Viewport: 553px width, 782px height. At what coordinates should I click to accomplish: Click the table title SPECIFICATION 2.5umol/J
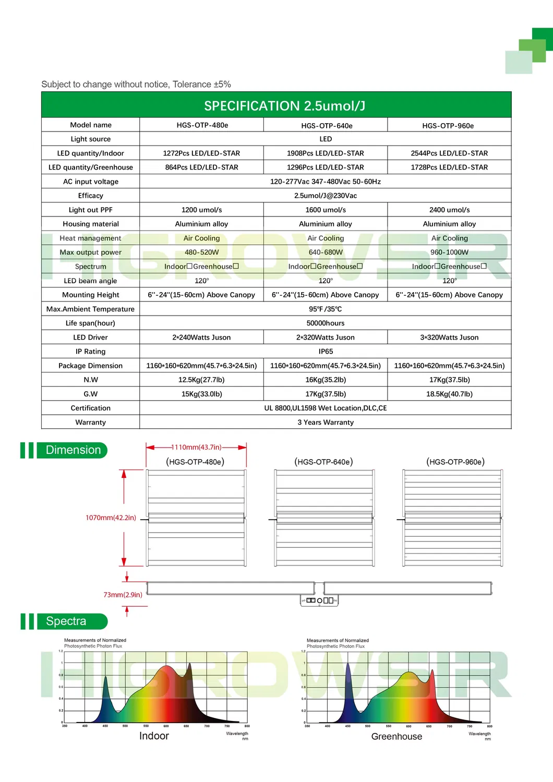click(284, 106)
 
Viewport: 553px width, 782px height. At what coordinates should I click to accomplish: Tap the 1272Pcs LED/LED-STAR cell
click(201, 153)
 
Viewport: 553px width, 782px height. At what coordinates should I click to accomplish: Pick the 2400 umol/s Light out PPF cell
click(449, 210)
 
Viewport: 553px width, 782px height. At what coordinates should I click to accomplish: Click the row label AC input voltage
click(91, 182)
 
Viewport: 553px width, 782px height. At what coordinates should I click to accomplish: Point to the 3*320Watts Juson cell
click(449, 338)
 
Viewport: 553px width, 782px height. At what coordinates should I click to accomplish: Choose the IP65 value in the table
click(326, 352)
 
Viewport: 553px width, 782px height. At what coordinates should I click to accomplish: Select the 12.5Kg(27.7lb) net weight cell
click(201, 380)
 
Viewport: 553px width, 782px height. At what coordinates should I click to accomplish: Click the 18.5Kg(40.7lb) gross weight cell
click(449, 394)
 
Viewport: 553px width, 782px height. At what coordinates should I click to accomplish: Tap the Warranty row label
click(91, 422)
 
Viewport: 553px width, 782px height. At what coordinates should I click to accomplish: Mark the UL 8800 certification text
click(326, 408)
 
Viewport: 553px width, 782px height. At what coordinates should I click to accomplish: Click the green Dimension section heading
click(73, 450)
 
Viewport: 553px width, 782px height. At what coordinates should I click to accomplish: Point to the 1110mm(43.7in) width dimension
click(196, 447)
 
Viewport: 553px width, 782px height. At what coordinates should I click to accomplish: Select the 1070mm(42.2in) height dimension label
click(111, 518)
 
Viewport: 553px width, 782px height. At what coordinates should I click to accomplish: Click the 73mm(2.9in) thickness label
click(123, 595)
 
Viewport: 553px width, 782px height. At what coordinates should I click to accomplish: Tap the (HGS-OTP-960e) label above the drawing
click(455, 462)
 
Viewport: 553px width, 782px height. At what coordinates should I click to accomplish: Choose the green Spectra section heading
click(66, 621)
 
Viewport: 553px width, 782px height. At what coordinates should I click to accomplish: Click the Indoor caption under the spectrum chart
click(154, 736)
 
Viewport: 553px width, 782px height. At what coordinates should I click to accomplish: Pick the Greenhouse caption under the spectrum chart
click(396, 737)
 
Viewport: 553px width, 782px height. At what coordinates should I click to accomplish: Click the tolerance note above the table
click(136, 85)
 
